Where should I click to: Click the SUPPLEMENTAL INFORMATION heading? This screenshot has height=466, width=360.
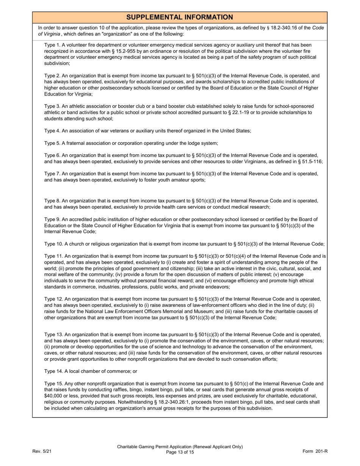(x=180, y=17)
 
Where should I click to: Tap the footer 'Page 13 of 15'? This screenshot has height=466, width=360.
(x=180, y=452)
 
